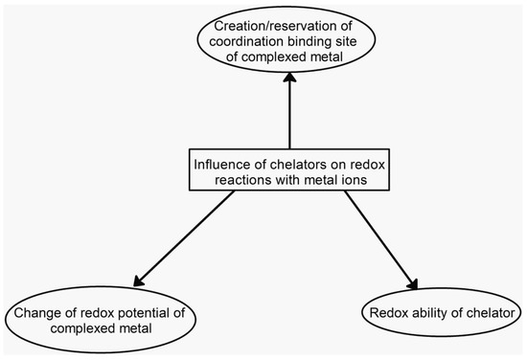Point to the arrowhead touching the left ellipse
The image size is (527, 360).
click(136, 283)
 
